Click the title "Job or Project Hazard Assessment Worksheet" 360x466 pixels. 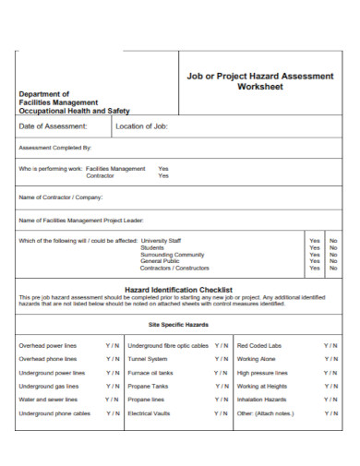pyautogui.click(x=259, y=81)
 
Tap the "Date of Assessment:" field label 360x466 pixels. pyautogui.click(x=54, y=125)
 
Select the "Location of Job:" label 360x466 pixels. pyautogui.click(x=142, y=125)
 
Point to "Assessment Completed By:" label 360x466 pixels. pyautogui.click(x=55, y=147)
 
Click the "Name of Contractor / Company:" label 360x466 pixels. pyautogui.click(x=61, y=197)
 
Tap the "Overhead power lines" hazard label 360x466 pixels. pyautogui.click(x=48, y=345)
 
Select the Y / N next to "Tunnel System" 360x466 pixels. pyautogui.click(x=222, y=359)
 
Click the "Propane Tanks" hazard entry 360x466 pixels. pyautogui.click(x=148, y=387)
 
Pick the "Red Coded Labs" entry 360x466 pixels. pyautogui.click(x=259, y=345)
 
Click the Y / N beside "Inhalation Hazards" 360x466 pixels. pyautogui.click(x=330, y=400)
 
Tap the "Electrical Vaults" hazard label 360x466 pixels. pyautogui.click(x=150, y=414)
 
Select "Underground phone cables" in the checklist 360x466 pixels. pyautogui.click(x=54, y=414)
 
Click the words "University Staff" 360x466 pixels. pyautogui.click(x=162, y=240)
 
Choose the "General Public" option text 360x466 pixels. pyautogui.click(x=159, y=261)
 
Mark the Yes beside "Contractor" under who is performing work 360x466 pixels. pyautogui.click(x=163, y=175)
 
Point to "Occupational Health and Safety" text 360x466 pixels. pyautogui.click(x=74, y=110)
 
